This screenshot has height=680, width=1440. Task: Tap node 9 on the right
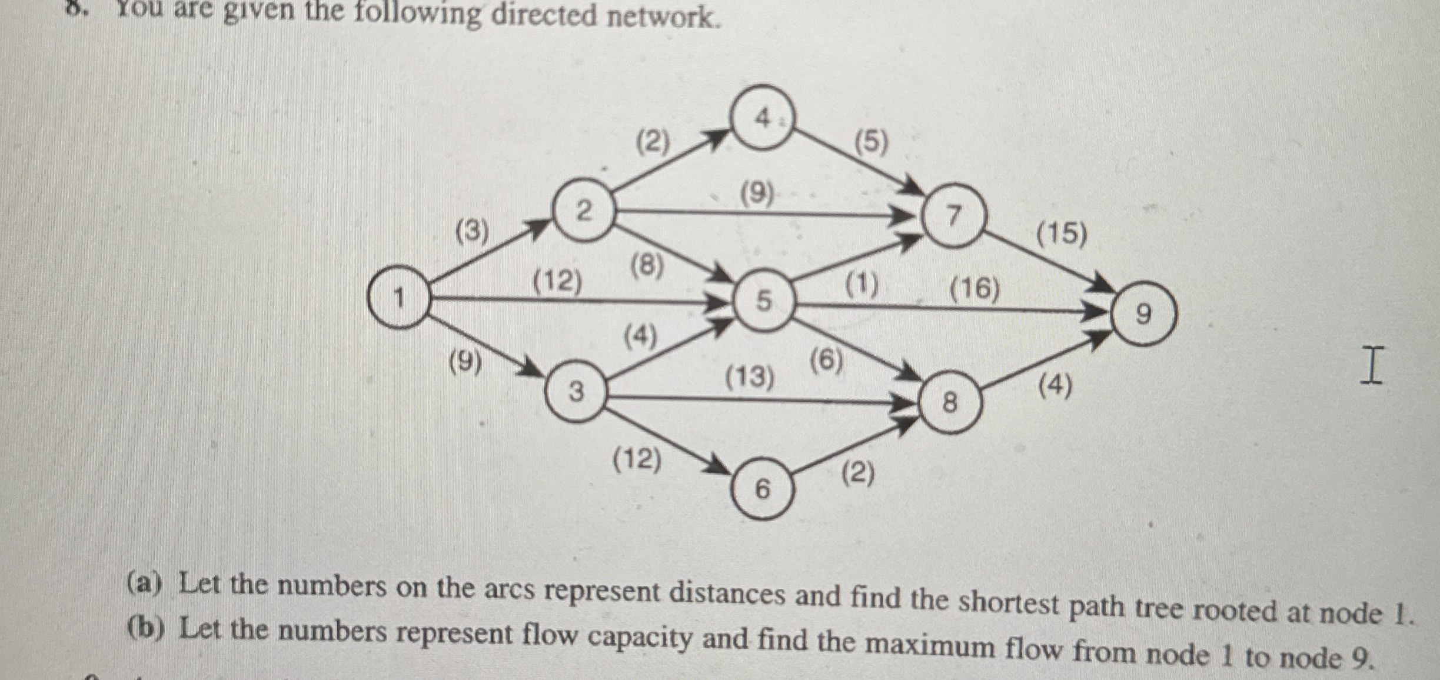pos(1144,315)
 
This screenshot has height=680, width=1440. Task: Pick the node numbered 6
pos(763,488)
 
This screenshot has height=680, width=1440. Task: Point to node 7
pos(954,216)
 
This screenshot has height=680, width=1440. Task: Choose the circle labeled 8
pos(950,404)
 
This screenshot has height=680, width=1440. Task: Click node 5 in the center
pos(764,301)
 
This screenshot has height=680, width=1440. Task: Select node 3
pos(576,391)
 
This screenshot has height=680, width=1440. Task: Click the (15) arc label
pos(1061,234)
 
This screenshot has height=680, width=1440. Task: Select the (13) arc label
pos(749,376)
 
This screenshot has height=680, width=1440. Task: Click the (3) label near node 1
pos(473,232)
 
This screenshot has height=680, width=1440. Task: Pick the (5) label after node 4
pos(871,142)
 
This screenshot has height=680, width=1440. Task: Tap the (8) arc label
pos(647,266)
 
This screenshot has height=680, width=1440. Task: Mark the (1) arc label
pos(862,285)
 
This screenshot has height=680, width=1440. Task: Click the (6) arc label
pos(826,360)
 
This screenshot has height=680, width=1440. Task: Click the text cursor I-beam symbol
pos(1372,366)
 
